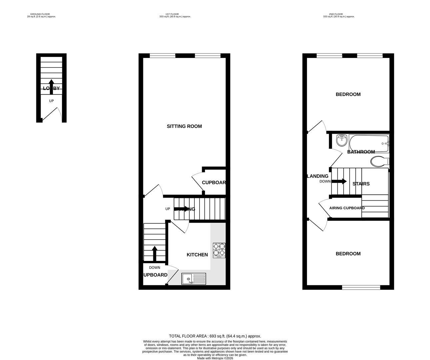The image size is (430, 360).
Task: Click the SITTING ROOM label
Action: [x=184, y=126]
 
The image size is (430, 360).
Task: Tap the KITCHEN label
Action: [x=197, y=255]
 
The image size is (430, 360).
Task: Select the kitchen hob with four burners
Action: [x=219, y=250]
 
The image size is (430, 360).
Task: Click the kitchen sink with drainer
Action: [x=194, y=279]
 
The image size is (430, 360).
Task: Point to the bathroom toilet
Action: [x=380, y=161]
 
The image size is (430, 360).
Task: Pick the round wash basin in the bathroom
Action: [x=341, y=140]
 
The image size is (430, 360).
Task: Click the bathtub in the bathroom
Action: [x=369, y=143]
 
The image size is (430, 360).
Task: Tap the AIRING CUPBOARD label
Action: [x=347, y=208]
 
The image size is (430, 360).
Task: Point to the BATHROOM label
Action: [x=361, y=152]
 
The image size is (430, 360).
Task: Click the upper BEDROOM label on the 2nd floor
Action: [x=348, y=94]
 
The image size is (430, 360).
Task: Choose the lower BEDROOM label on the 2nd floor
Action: [x=348, y=254]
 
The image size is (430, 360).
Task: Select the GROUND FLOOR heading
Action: [x=40, y=14]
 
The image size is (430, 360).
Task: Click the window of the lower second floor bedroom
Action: [x=361, y=287]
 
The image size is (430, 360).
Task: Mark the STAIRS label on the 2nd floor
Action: [x=361, y=184]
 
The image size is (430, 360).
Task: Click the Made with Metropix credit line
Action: [x=215, y=358]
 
